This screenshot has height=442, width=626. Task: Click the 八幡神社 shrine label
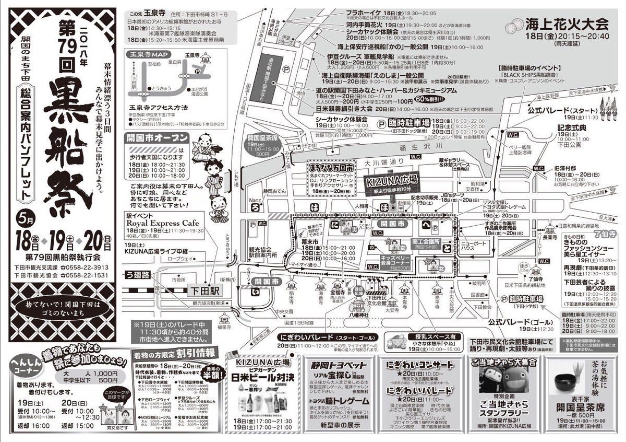pos(358,315)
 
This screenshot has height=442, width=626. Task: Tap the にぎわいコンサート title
pos(420,365)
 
